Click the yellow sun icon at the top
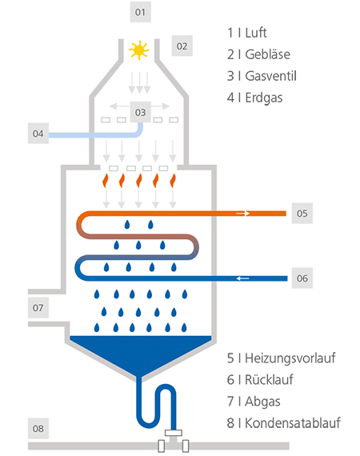tap(140, 50)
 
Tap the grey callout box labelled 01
tap(141, 12)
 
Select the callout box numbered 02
tap(182, 46)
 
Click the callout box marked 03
tap(141, 112)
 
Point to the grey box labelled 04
tap(38, 132)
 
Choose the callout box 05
tap(302, 214)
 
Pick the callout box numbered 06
tap(302, 278)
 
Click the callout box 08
tap(38, 430)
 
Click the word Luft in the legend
tap(254, 33)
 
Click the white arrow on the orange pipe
tap(242, 214)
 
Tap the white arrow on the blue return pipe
tap(242, 278)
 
